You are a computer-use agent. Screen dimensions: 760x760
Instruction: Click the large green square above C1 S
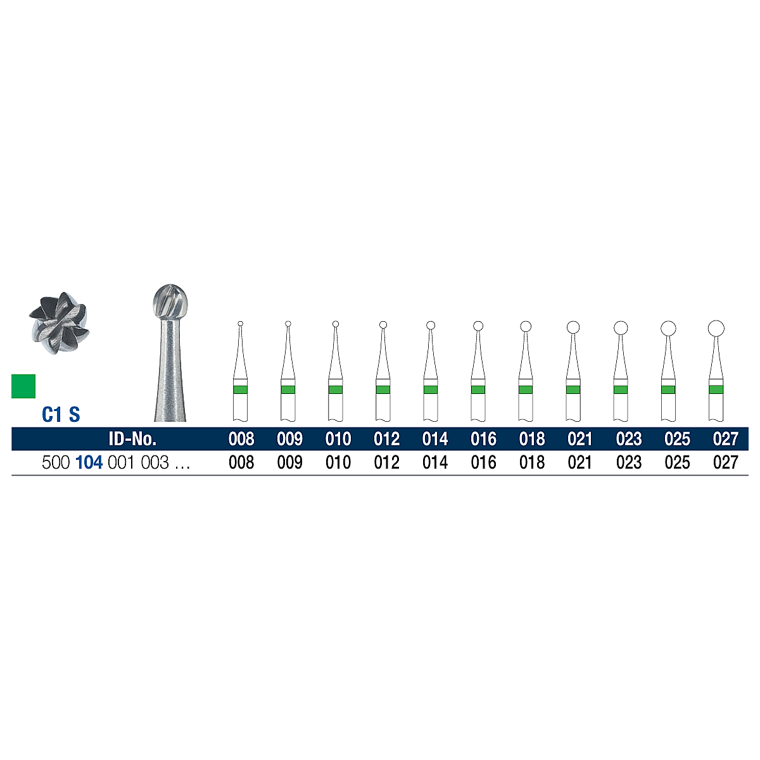coord(23,386)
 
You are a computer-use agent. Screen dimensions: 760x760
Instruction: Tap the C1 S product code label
coord(61,414)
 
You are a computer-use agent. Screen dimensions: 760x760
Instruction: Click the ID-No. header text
coord(132,439)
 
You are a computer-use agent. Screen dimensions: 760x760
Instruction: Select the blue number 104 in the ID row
coord(89,462)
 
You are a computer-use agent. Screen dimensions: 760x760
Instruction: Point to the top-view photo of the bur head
coord(59,323)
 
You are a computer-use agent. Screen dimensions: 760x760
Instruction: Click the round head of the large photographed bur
coord(170,302)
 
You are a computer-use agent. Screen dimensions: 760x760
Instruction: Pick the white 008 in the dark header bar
coord(241,439)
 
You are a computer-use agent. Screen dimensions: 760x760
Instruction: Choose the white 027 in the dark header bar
coord(725,439)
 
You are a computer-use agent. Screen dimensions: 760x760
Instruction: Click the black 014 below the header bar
coord(435,462)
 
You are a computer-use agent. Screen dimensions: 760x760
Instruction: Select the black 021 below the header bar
coord(579,462)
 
